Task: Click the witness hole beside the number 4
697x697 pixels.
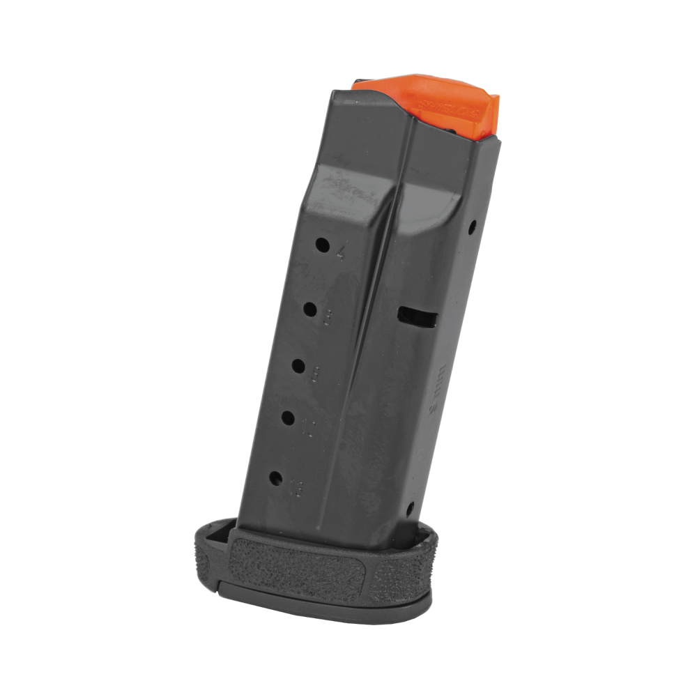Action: tap(323, 245)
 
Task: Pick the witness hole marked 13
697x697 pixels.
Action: tap(275, 479)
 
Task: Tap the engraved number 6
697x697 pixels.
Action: tap(327, 318)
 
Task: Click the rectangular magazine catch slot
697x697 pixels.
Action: tap(418, 317)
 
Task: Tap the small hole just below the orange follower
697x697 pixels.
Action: tap(472, 227)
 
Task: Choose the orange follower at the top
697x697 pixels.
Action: tap(439, 108)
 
